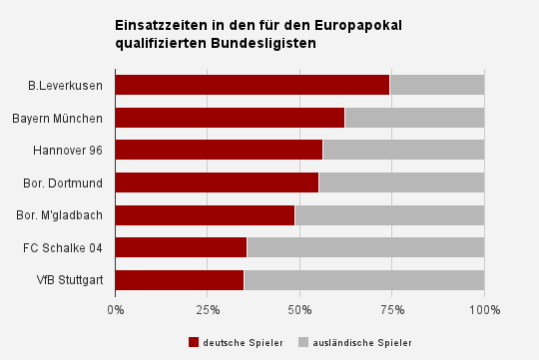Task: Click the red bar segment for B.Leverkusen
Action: coord(253,85)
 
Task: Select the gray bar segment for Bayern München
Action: coord(414,118)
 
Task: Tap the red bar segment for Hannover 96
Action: coord(220,150)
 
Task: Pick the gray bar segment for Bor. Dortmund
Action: coord(402,182)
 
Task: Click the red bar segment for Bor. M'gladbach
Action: coord(206,215)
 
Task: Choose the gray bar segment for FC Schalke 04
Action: coord(365,247)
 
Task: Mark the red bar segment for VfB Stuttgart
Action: coord(180,280)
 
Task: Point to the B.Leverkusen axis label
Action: coord(65,86)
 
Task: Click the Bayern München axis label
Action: coord(58,118)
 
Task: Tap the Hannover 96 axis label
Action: coord(68,151)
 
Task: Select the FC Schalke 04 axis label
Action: coord(63,247)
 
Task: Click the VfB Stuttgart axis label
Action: coord(70,280)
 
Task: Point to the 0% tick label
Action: coord(116,310)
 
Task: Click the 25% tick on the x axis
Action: coord(208,310)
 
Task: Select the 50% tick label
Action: coord(299,310)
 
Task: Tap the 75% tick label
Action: coord(392,310)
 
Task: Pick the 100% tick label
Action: coord(485,310)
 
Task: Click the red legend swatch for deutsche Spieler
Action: coord(194,342)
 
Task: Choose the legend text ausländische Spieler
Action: coord(362,343)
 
